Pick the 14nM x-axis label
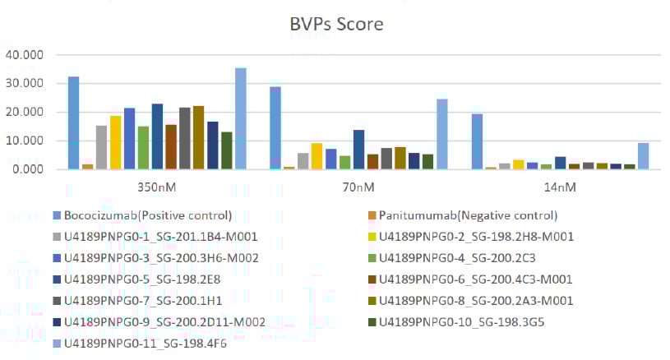561,187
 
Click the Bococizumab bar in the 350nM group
73,123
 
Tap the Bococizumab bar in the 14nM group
478,141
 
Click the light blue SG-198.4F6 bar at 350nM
241,118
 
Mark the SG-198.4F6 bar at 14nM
644,156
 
